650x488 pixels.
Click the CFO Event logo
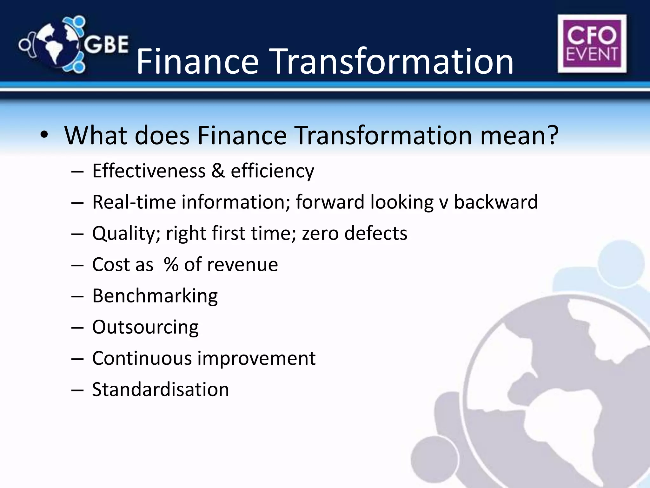click(x=592, y=44)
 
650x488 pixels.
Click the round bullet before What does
click(x=44, y=135)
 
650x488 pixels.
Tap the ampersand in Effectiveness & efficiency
click(x=218, y=171)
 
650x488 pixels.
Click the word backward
click(x=496, y=202)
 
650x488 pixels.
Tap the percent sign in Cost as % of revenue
click(x=171, y=265)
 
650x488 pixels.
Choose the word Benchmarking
click(x=155, y=296)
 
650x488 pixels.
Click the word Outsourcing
click(x=145, y=327)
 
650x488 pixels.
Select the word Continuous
click(x=142, y=358)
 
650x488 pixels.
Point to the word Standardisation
click(x=161, y=390)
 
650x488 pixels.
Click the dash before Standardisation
click(x=77, y=390)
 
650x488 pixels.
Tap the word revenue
click(x=242, y=265)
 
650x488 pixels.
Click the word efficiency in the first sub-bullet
click(x=272, y=171)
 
